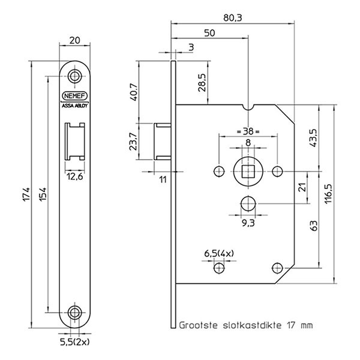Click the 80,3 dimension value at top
click(x=232, y=18)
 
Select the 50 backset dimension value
click(x=209, y=33)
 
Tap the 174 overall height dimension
click(x=26, y=194)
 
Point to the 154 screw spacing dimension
click(x=43, y=194)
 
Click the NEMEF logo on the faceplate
click(x=74, y=96)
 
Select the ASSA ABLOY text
click(x=74, y=106)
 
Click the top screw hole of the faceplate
click(x=74, y=76)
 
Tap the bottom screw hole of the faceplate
click(x=74, y=312)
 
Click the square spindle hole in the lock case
click(x=248, y=171)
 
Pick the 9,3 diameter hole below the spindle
click(x=248, y=203)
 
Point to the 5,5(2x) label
click(x=74, y=343)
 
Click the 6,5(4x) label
click(x=219, y=253)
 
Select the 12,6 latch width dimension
click(x=75, y=177)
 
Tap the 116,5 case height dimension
click(x=329, y=193)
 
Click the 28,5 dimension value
click(x=203, y=83)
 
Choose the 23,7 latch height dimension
click(x=133, y=142)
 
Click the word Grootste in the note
click(x=198, y=325)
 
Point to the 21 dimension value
click(x=303, y=187)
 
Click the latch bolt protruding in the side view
click(x=163, y=142)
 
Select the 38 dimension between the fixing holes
click(x=248, y=131)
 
